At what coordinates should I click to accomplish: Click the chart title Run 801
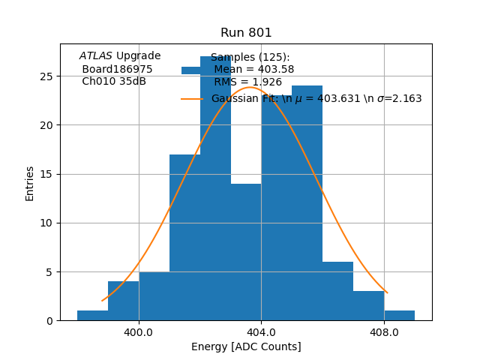[246, 33]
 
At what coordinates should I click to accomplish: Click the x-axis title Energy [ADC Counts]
[246, 346]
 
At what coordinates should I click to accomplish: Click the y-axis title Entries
[30, 183]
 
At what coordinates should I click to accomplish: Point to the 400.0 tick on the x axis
[139, 331]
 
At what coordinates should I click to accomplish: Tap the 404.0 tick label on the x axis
[261, 331]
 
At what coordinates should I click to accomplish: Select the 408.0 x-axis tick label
[384, 331]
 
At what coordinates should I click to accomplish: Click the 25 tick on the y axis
[46, 76]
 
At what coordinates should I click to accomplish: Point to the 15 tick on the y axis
[46, 174]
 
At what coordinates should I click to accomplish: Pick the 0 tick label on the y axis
[49, 321]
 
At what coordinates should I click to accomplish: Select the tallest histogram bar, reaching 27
[215, 187]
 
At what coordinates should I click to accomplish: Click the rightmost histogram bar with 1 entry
[399, 316]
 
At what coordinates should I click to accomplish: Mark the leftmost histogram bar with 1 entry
[93, 316]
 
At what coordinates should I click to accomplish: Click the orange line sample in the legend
[191, 98]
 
